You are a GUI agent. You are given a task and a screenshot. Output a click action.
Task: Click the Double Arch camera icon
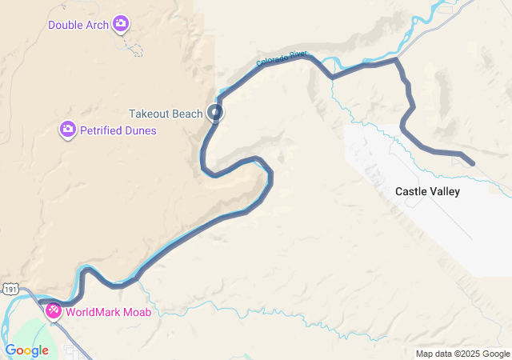[x=121, y=24]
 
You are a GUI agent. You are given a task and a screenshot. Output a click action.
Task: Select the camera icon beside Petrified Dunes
[x=68, y=130]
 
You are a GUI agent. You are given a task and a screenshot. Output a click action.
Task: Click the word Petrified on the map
[x=101, y=130]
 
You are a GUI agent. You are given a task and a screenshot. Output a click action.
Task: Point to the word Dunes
[x=141, y=130]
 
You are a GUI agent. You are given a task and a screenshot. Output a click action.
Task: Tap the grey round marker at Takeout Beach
[x=215, y=113]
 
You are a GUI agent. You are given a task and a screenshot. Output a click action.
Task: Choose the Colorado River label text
[x=282, y=58]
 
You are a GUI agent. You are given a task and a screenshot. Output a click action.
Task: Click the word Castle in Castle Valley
[x=411, y=192]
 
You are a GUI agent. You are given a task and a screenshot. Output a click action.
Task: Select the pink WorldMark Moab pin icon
[x=54, y=310]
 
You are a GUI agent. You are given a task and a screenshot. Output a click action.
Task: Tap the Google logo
[x=26, y=350]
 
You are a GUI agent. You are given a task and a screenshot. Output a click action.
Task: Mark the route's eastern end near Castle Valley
[x=473, y=164]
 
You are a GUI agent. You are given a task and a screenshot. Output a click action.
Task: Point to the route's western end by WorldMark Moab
[x=40, y=303]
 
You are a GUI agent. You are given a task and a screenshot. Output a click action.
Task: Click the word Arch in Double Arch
[x=99, y=25]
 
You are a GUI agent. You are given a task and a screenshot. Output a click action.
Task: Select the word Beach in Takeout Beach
[x=189, y=114]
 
